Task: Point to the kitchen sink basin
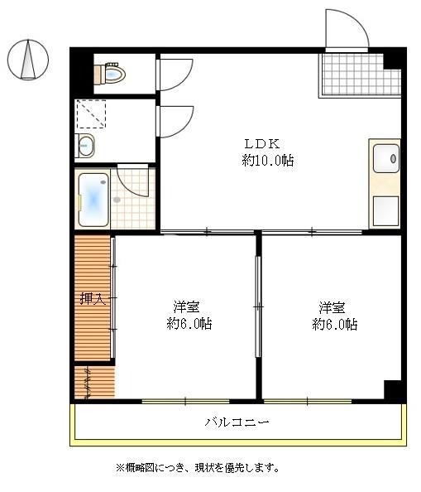385,157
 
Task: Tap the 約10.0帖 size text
267,160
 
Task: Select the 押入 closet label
92,299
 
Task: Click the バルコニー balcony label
237,422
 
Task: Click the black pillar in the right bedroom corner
393,389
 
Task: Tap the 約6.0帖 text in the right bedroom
334,324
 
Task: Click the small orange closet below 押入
92,382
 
